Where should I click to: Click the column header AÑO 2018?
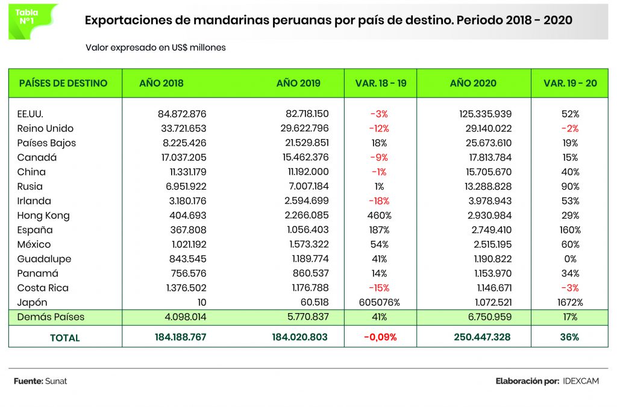[x=161, y=83]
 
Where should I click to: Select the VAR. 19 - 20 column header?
[x=570, y=83]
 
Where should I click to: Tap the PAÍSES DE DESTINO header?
[x=63, y=83]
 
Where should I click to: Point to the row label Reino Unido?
[x=46, y=128]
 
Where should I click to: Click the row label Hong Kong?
[x=43, y=216]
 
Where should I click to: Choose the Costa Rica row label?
[x=42, y=288]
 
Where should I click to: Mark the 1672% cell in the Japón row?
[x=570, y=302]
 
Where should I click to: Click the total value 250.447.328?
[x=481, y=337]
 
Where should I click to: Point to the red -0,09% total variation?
[x=380, y=337]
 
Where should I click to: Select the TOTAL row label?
[x=65, y=338]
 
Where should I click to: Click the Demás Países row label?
[x=51, y=317]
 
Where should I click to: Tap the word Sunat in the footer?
[x=56, y=381]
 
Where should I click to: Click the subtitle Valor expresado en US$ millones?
[x=155, y=47]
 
